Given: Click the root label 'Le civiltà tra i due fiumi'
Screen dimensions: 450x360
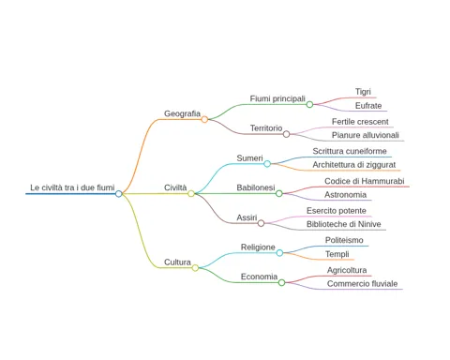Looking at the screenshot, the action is [72, 187].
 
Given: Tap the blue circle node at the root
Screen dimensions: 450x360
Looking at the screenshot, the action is [118, 194].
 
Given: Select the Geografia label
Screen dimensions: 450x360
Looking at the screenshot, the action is [182, 113].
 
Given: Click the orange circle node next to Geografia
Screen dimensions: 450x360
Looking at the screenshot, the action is [204, 119].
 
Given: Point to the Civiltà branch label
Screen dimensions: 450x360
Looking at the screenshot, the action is [175, 187].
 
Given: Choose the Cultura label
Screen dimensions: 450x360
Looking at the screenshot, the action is [177, 262].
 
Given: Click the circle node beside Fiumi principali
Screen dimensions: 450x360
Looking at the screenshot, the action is [309, 104].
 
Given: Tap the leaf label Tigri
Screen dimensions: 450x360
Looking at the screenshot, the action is [363, 92].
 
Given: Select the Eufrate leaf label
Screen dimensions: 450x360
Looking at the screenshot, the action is [368, 106].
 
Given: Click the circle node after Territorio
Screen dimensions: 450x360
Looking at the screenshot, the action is [286, 134].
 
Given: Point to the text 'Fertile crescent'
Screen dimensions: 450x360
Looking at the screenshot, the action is [360, 122].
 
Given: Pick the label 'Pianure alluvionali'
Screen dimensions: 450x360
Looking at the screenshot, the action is [366, 135].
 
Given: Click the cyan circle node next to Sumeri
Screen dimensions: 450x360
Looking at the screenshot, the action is [267, 164].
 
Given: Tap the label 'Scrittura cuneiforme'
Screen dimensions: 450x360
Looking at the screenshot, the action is [350, 151].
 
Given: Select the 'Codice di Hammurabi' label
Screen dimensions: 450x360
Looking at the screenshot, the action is [365, 181].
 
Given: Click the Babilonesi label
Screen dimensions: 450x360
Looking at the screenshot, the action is [256, 187].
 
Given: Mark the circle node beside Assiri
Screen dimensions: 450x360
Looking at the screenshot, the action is [261, 223].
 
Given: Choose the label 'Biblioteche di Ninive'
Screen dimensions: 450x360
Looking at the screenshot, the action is [344, 224].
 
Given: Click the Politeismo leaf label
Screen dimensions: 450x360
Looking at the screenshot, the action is [344, 240].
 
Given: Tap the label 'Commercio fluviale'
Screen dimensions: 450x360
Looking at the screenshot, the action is [362, 284].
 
